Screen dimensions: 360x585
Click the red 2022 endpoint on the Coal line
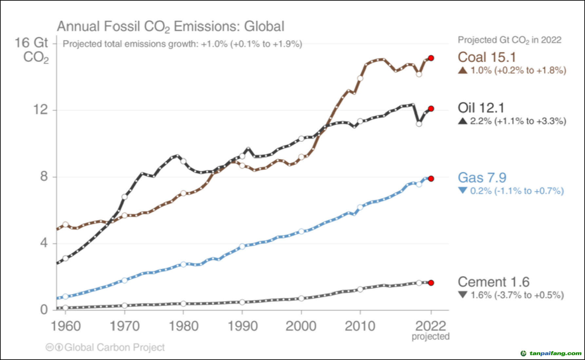(x=431, y=58)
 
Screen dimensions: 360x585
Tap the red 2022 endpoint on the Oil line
(x=431, y=109)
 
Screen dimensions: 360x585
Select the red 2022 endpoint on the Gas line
(x=431, y=179)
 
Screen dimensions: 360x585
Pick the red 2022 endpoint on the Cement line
(x=431, y=283)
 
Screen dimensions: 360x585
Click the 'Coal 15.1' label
(x=486, y=57)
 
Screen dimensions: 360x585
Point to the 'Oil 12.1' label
(x=481, y=108)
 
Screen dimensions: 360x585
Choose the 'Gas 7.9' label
(x=482, y=178)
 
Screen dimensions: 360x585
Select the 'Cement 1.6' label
(x=493, y=282)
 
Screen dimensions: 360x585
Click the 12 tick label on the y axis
(x=41, y=109)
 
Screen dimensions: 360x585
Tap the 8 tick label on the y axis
(x=44, y=176)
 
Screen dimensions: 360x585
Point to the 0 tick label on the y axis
(x=44, y=310)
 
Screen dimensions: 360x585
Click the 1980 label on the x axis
(x=183, y=326)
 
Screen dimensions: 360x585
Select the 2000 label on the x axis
(x=301, y=326)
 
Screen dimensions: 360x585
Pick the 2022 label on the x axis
(x=430, y=326)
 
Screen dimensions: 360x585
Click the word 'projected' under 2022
(x=430, y=336)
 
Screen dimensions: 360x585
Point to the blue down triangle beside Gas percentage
(x=462, y=190)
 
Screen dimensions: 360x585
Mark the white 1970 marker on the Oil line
(x=124, y=197)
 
